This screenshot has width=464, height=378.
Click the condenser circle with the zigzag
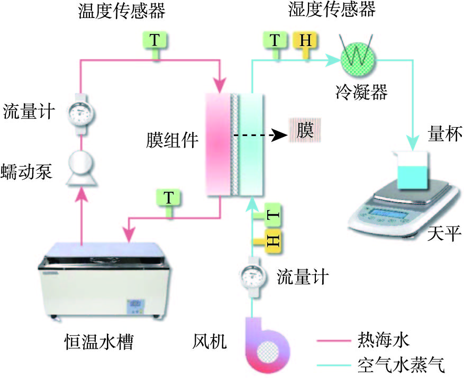coord(358,53)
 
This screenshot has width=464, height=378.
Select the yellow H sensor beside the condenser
coord(306,40)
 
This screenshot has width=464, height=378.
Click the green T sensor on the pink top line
coord(153,40)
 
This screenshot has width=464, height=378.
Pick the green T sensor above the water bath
coord(169,199)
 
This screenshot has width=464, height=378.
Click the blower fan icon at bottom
coord(269,344)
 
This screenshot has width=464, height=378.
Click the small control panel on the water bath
coord(134,305)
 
